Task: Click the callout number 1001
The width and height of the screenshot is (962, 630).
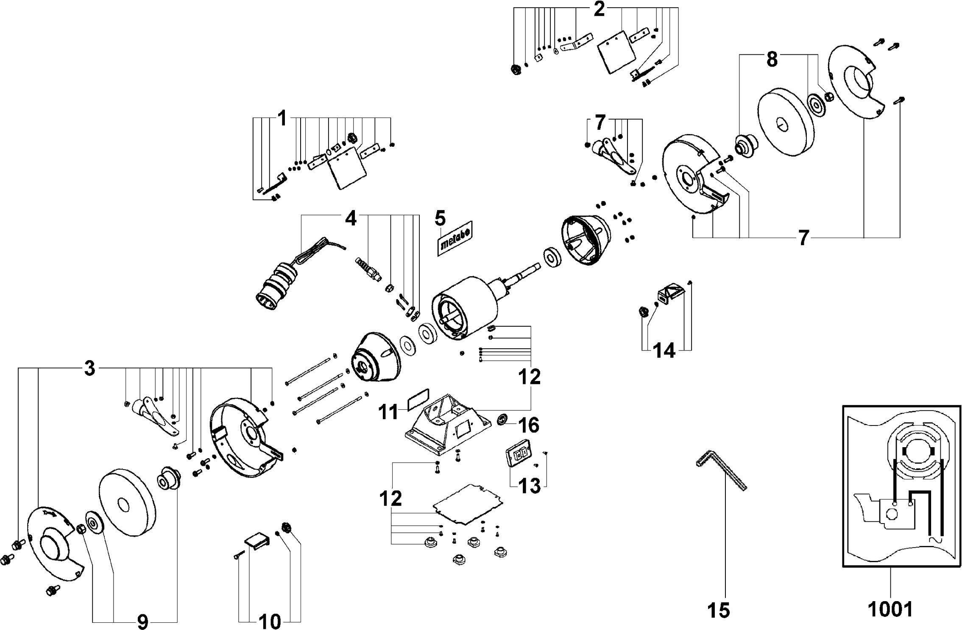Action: coord(890,609)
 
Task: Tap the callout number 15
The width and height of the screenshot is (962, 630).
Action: coord(719,610)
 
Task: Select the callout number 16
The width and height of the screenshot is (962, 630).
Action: coord(529,425)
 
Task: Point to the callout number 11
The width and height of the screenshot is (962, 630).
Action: coord(388,412)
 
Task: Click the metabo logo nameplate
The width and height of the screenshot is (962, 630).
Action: coord(455,238)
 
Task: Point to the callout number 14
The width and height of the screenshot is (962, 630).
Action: coord(664,351)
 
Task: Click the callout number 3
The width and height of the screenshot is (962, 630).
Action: coord(89,369)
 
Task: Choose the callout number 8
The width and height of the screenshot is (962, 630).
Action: coord(772,60)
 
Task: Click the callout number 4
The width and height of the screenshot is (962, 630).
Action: coord(351,218)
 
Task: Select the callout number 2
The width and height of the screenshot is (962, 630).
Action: coord(599,9)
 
